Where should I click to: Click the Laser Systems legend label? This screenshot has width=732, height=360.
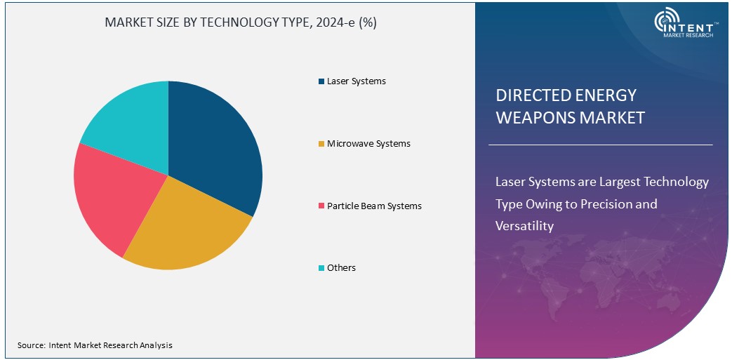click(356, 81)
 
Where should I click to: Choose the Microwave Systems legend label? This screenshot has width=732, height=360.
click(368, 144)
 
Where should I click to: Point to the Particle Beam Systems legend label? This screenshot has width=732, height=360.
click(374, 206)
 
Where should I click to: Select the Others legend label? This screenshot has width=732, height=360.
click(341, 268)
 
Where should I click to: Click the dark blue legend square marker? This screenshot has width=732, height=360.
click(321, 81)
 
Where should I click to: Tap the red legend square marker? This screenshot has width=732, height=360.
click(321, 206)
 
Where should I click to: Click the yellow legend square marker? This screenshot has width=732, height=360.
click(321, 144)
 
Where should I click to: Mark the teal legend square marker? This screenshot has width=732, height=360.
click(321, 268)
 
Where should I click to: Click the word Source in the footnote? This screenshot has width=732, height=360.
click(31, 345)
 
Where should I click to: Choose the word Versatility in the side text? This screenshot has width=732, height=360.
click(524, 226)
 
